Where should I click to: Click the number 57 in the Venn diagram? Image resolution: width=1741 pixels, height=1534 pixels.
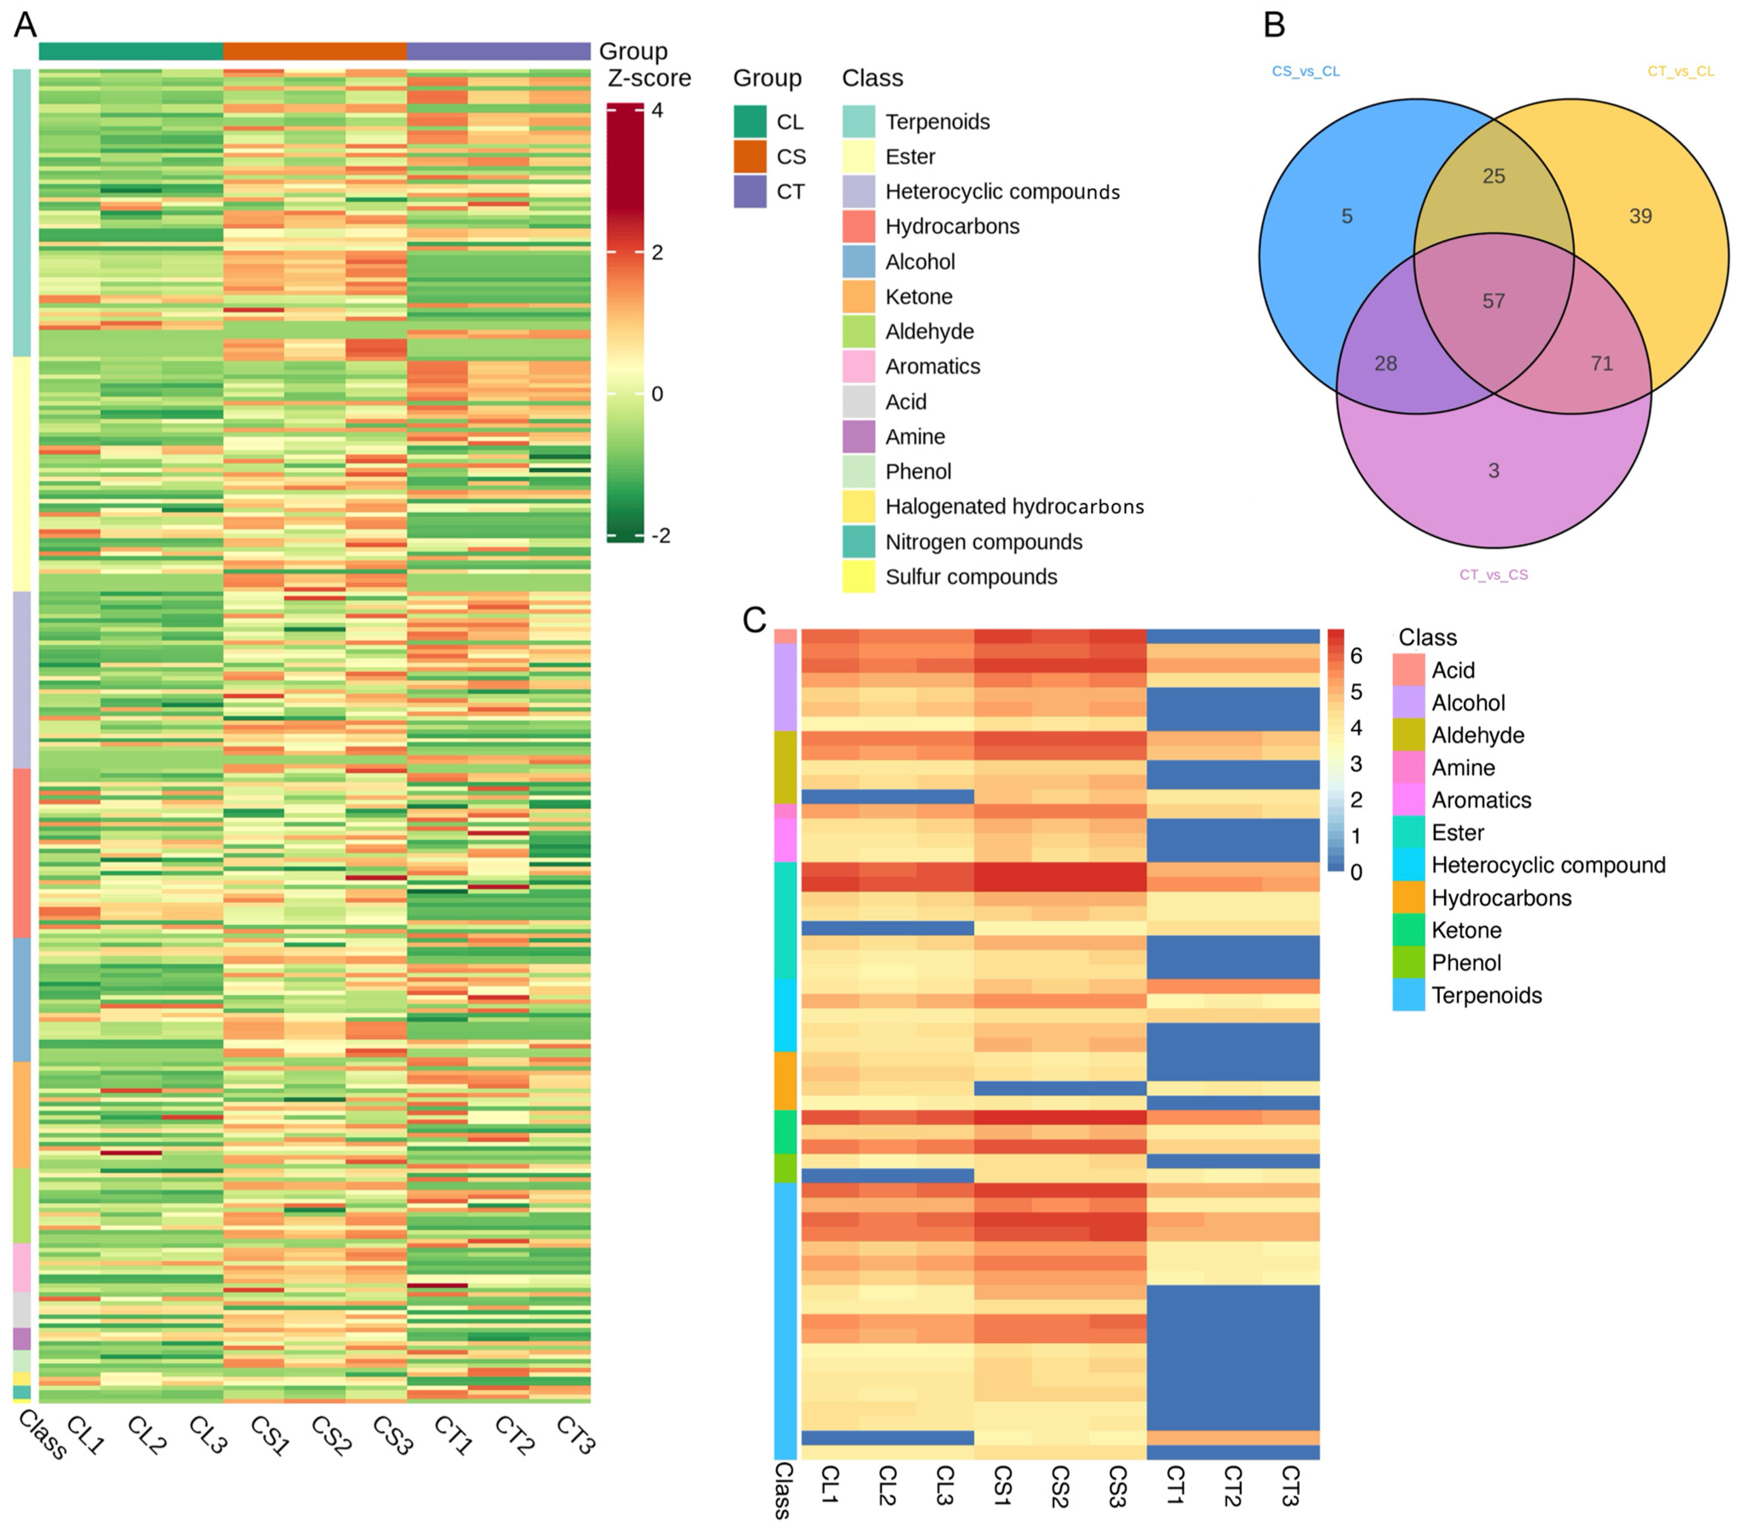pos(1493,300)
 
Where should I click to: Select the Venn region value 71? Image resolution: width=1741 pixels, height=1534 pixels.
pos(1601,364)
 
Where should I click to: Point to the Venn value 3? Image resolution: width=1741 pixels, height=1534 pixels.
pos(1493,471)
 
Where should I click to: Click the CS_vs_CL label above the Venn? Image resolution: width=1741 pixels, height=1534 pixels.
pos(1305,72)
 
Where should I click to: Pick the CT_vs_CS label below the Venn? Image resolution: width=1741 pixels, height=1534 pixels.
pos(1493,575)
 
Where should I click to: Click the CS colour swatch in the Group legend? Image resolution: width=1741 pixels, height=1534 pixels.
pos(750,157)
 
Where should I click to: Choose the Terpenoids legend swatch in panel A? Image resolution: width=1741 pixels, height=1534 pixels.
pos(859,122)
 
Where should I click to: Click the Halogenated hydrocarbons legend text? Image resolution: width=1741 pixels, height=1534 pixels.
pos(1014,507)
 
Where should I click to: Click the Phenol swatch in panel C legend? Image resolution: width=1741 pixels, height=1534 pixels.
pos(1408,963)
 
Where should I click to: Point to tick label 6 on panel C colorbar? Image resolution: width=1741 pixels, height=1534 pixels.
pos(1356,656)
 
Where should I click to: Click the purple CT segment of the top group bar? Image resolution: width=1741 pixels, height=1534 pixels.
pos(498,51)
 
